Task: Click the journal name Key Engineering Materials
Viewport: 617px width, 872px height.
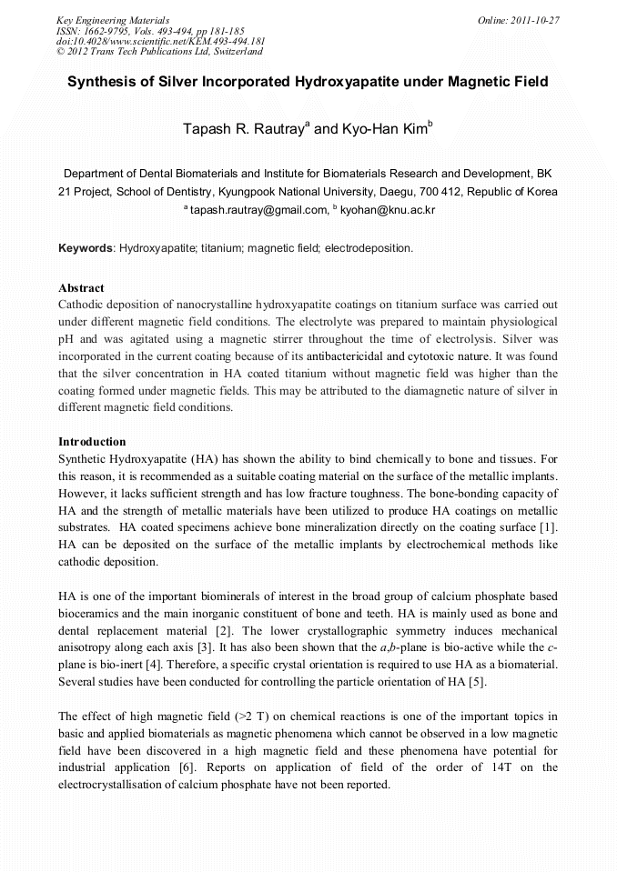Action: tap(113, 20)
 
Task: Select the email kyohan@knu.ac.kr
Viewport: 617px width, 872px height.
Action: tap(388, 210)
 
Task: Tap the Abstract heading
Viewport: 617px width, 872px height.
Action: tap(81, 288)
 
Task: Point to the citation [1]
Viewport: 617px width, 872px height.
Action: tap(549, 528)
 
